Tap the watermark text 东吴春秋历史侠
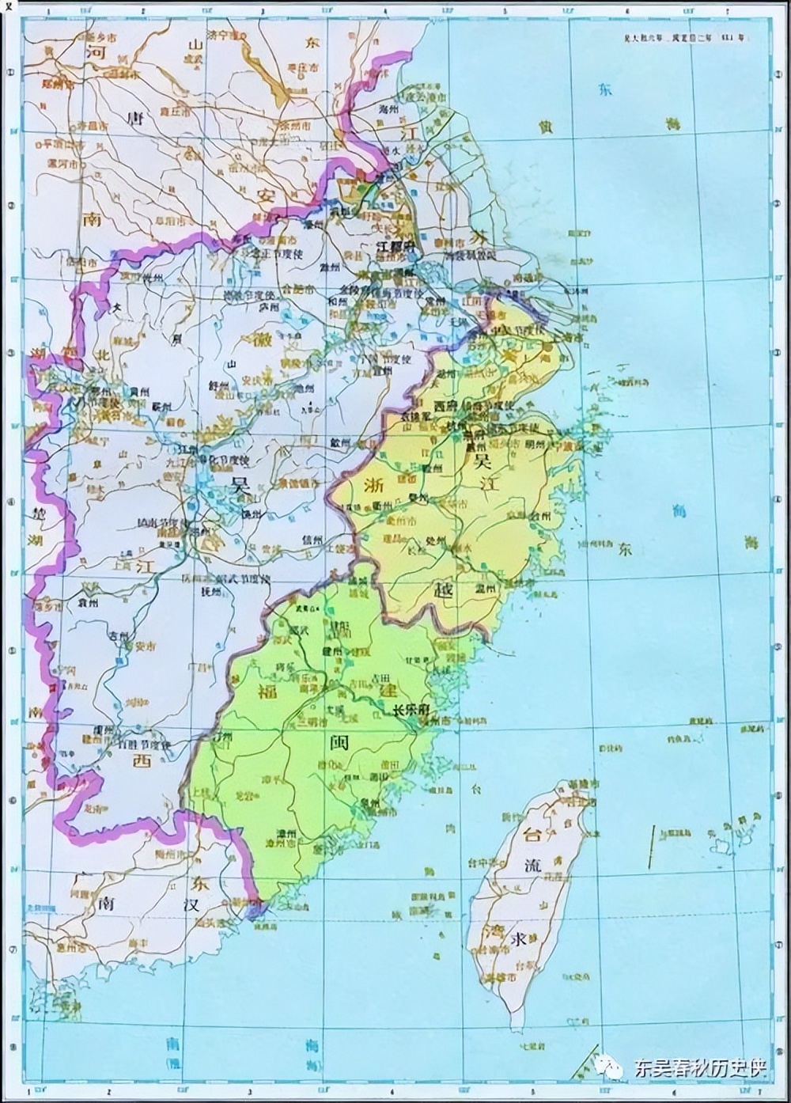tap(699, 1069)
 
